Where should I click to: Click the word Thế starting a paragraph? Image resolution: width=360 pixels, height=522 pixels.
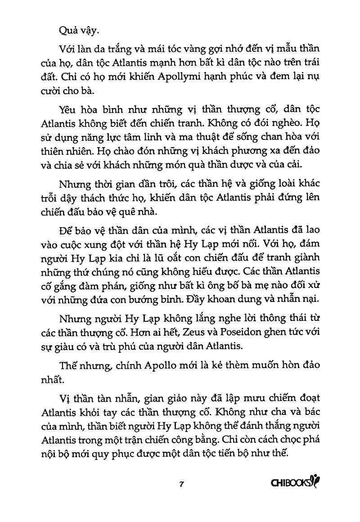point(67,365)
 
